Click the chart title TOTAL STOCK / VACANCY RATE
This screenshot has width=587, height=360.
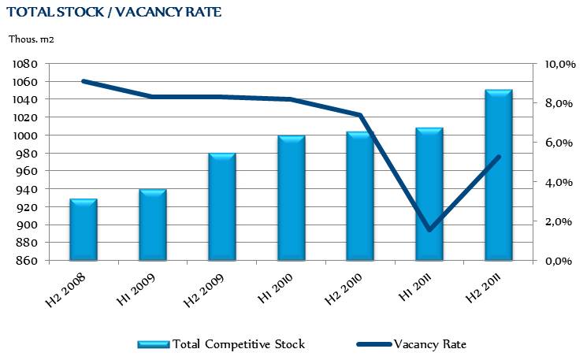(113, 13)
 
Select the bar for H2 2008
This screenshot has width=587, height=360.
(83, 229)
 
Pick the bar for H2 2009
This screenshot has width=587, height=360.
(221, 206)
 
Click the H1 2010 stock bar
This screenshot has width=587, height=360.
(291, 198)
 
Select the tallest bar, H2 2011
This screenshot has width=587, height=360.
(499, 175)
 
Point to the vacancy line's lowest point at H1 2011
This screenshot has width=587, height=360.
(429, 230)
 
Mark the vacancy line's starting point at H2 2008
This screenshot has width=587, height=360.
(83, 81)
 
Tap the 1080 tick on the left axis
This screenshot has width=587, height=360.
(27, 64)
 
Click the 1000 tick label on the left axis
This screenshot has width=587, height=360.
(27, 135)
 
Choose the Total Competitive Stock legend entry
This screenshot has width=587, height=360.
(221, 343)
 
